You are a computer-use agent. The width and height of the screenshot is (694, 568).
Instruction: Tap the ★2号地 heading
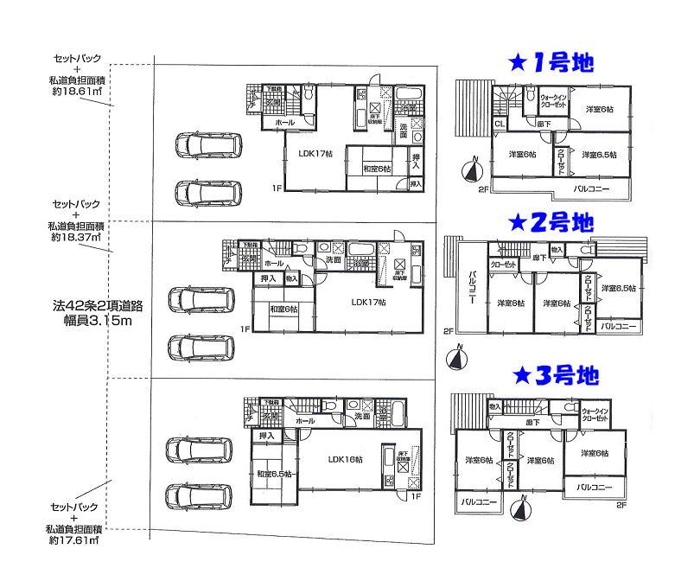coord(551,222)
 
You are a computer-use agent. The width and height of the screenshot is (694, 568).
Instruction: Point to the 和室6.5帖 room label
coord(275,473)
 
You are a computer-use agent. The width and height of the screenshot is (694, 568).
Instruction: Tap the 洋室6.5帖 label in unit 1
coord(598,155)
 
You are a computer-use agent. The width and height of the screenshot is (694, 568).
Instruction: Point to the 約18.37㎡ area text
coord(77,236)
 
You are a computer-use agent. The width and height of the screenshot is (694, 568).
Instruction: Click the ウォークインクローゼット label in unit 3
coord(594,415)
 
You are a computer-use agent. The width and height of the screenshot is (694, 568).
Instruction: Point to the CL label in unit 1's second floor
coord(500,124)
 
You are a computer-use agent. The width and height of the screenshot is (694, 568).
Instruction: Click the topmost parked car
coord(207,145)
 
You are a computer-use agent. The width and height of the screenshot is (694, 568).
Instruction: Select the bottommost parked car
coord(198,495)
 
